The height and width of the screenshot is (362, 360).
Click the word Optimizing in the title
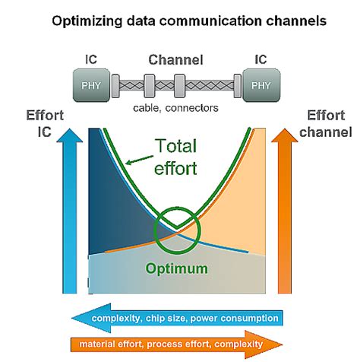click(x=85, y=21)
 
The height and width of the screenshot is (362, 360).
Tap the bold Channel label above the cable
click(x=175, y=59)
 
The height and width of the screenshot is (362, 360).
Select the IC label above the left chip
click(x=90, y=59)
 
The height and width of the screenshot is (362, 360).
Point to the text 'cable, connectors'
click(x=175, y=108)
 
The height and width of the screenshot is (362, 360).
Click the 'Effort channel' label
click(x=328, y=125)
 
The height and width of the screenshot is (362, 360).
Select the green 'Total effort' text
click(x=180, y=157)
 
